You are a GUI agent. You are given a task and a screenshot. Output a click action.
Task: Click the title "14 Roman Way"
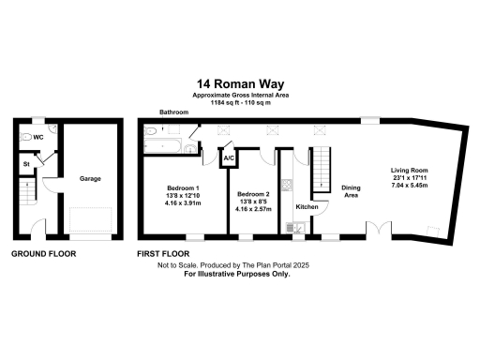240,82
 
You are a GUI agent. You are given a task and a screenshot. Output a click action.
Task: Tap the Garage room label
89,178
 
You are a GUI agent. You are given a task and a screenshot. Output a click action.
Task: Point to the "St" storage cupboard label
27,165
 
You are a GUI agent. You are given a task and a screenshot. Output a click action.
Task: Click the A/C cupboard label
228,158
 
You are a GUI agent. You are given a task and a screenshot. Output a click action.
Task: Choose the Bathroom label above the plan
173,112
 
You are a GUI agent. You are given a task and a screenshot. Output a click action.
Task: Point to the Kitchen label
307,206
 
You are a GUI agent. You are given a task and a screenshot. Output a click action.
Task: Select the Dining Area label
352,191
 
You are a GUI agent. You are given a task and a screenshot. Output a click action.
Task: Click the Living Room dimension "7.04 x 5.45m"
411,187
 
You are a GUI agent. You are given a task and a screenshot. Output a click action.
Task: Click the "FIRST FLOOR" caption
163,254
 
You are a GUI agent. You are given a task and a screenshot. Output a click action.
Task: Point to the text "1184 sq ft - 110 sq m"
240,101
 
